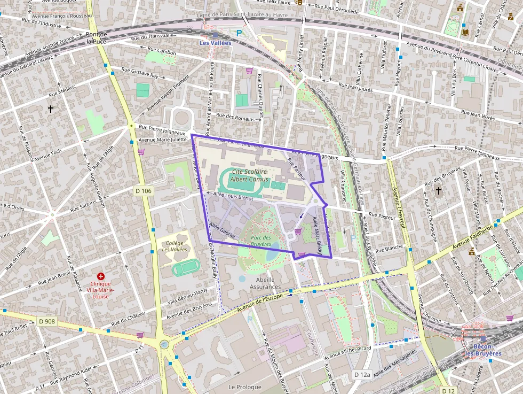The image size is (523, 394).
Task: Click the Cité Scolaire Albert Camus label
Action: (x=250, y=175)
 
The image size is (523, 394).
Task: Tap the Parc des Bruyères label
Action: (x=260, y=241)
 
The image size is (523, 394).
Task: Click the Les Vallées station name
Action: (x=215, y=43)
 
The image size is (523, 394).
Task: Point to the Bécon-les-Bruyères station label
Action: (x=483, y=350)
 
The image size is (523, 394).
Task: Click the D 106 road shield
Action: (x=143, y=191)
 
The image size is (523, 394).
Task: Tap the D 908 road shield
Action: (x=47, y=321)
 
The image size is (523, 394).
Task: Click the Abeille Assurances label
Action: (x=265, y=283)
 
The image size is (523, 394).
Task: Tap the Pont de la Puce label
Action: (x=97, y=37)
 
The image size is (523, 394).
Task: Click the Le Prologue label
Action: (x=245, y=387)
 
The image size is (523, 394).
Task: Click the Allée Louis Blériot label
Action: (x=233, y=196)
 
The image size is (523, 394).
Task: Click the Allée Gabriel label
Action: (x=223, y=231)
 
